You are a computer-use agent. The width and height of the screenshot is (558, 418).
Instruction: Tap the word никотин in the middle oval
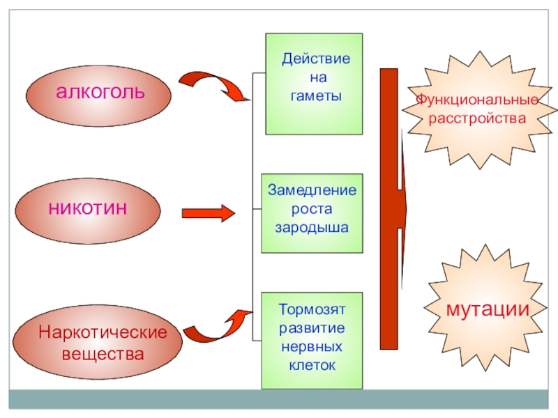coord(88,207)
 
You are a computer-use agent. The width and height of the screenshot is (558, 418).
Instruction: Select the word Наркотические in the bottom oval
coord(103,332)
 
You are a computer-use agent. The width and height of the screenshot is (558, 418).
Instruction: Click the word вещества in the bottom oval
coord(103,354)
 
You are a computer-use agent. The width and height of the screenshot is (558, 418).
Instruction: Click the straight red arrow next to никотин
coord(207,213)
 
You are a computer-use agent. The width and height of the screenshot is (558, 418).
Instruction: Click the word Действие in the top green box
coord(316,59)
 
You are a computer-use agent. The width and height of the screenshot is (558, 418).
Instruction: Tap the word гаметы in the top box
coord(317,95)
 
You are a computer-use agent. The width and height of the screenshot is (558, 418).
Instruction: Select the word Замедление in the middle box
coord(312,190)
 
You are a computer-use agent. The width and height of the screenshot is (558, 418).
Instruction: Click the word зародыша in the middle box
coord(312,227)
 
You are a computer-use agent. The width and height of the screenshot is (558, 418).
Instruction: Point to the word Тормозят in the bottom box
coord(312,308)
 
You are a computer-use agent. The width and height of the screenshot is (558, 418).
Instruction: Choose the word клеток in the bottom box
coord(312,364)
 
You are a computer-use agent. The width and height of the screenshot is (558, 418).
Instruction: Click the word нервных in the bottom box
coord(312,346)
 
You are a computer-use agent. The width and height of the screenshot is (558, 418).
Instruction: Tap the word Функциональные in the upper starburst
coord(477,100)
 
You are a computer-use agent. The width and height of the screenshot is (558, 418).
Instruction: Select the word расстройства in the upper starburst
coord(477,118)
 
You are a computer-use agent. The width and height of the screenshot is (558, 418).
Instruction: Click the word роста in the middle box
coord(312,209)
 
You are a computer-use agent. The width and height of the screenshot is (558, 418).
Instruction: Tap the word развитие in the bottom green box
coord(312,327)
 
